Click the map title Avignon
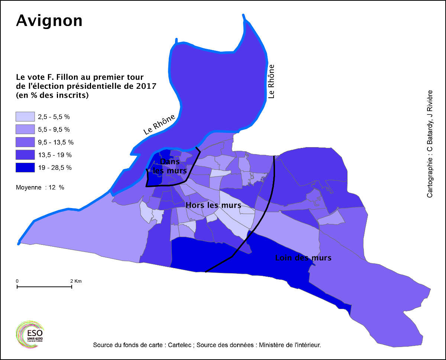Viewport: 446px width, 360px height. [49, 21]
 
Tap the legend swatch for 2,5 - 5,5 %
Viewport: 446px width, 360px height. [25, 117]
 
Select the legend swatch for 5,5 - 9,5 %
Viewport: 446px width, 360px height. [25, 129]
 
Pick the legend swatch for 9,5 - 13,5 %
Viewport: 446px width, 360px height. [25, 142]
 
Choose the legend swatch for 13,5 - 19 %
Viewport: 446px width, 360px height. [25, 155]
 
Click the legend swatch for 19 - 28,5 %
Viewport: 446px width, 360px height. [25, 167]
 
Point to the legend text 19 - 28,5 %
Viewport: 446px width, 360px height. [55, 168]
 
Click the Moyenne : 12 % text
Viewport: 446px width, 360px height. [40, 188]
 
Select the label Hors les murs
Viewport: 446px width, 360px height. [213, 205]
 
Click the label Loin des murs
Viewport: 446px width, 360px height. [303, 258]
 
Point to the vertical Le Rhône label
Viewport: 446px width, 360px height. [271, 81]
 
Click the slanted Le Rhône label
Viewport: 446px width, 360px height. [159, 124]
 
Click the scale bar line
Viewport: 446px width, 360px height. [44, 287]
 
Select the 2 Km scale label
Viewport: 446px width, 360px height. [76, 281]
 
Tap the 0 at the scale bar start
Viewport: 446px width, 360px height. [17, 281]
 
